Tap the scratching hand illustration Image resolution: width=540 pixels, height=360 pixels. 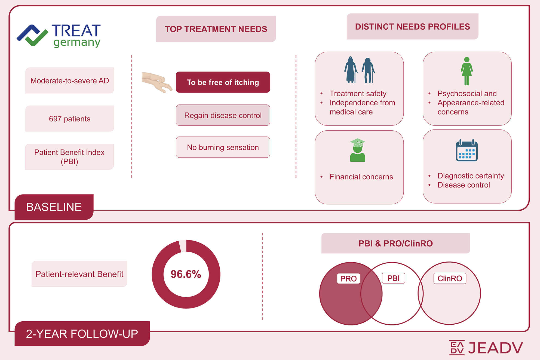(x=157, y=82)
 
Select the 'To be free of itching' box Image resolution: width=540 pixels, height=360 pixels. (x=223, y=82)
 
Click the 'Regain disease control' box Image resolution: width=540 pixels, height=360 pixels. (x=223, y=115)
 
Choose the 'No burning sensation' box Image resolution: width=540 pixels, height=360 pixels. (x=223, y=147)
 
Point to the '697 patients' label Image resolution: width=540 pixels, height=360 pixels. (x=70, y=119)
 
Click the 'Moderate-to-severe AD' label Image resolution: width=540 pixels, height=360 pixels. (x=70, y=81)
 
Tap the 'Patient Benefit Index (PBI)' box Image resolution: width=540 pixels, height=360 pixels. (x=69, y=157)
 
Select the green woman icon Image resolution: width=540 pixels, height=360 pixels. (x=467, y=71)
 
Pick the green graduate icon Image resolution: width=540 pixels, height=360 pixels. (x=357, y=150)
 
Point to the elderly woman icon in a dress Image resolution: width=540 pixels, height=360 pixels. (x=351, y=70)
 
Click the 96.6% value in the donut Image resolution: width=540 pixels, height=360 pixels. (x=186, y=274)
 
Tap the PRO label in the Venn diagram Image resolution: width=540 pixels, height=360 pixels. (x=348, y=279)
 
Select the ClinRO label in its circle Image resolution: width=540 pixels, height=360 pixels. (x=450, y=278)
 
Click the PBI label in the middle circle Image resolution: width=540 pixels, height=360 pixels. (x=394, y=278)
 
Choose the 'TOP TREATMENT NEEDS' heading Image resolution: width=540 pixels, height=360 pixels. (x=216, y=29)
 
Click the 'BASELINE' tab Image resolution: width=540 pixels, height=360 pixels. (x=54, y=207)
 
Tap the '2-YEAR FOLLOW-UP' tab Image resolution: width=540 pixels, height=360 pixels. (x=82, y=334)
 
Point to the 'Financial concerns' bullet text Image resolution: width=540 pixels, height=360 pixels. (x=361, y=177)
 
